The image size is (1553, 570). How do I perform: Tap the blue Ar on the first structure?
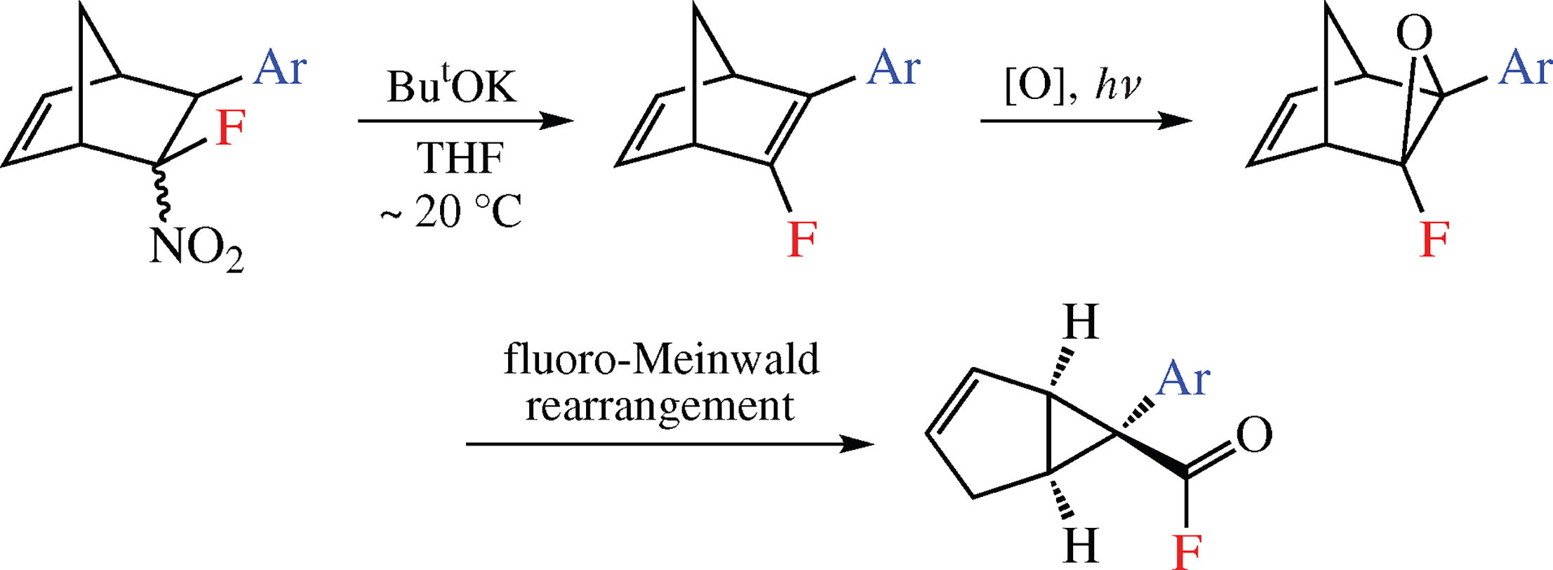click(x=280, y=69)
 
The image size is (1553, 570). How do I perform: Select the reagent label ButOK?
click(x=451, y=88)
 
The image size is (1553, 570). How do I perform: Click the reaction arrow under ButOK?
click(x=465, y=121)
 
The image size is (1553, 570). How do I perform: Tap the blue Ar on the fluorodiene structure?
click(x=893, y=69)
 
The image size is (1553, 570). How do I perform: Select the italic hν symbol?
click(x=1118, y=88)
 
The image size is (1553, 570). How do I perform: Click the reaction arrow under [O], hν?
click(x=1086, y=121)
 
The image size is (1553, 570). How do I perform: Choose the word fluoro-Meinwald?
click(x=661, y=360)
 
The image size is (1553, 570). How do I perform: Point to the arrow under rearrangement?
click(x=669, y=444)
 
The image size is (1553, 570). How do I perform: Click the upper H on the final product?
click(x=1080, y=323)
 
